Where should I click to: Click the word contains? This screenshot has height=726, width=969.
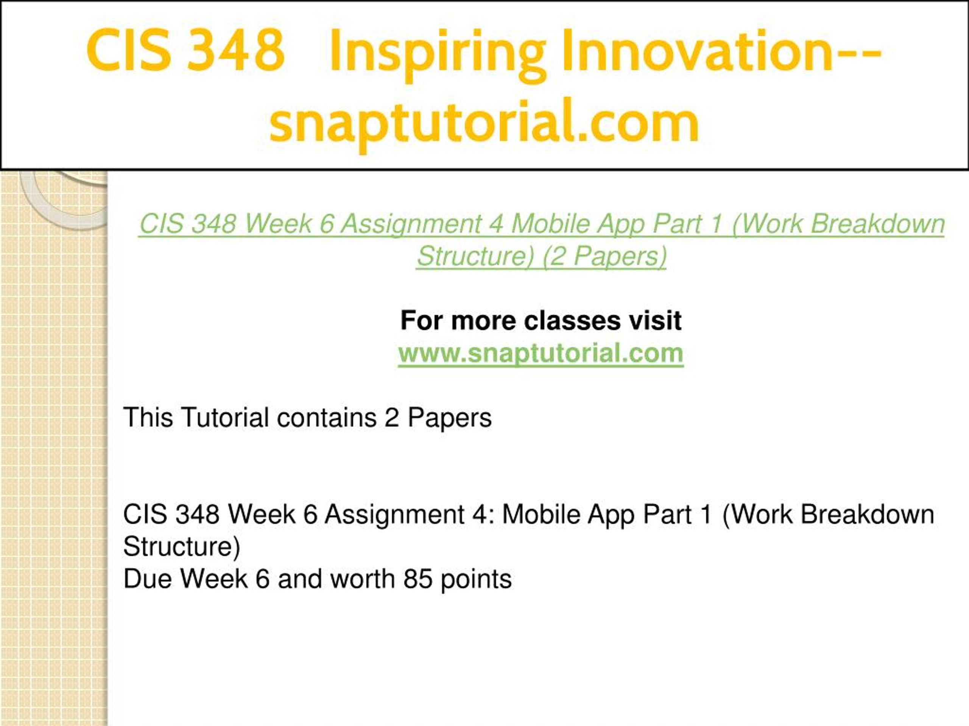326,417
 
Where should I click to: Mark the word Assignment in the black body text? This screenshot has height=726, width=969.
394,515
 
